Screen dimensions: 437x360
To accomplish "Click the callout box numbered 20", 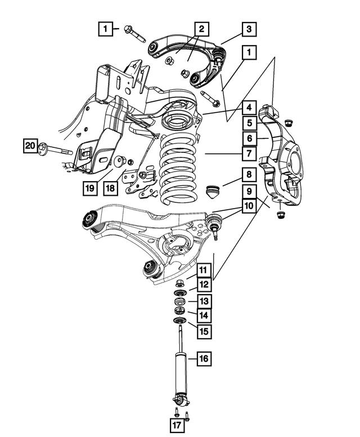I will pyautogui.click(x=30, y=147).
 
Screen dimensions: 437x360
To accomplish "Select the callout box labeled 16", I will pyautogui.click(x=204, y=357).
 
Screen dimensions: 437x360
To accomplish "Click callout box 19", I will pyautogui.click(x=89, y=189).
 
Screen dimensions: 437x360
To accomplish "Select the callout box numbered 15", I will pyautogui.click(x=204, y=331).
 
